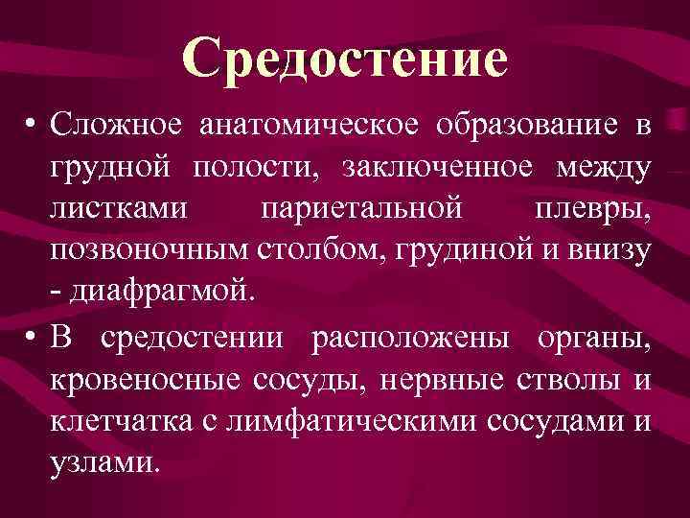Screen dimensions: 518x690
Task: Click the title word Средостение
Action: [x=346, y=59]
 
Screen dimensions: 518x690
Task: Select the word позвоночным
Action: [x=148, y=252]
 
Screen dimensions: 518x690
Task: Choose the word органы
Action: [x=595, y=337]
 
